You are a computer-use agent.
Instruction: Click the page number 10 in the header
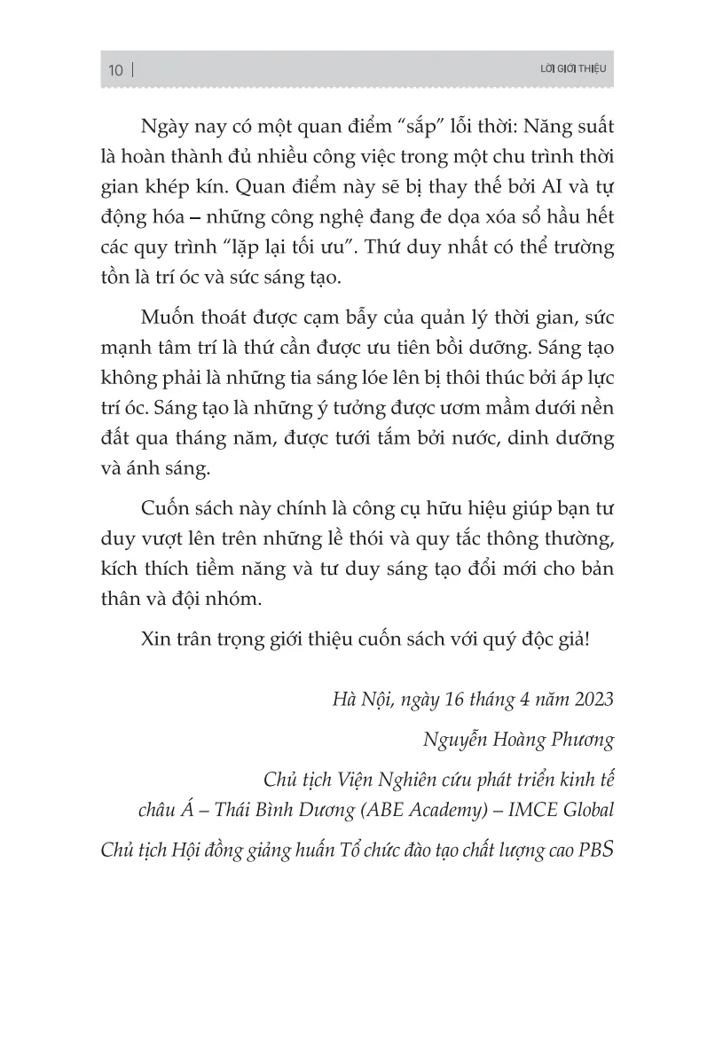click(115, 71)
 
